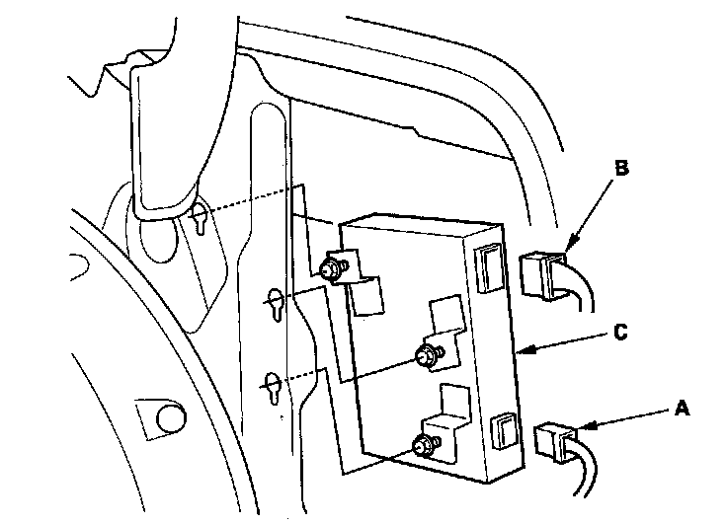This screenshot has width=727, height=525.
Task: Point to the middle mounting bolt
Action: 426,355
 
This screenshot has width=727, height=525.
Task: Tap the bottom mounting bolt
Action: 425,446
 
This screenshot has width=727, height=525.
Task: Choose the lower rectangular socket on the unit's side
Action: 502,429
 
